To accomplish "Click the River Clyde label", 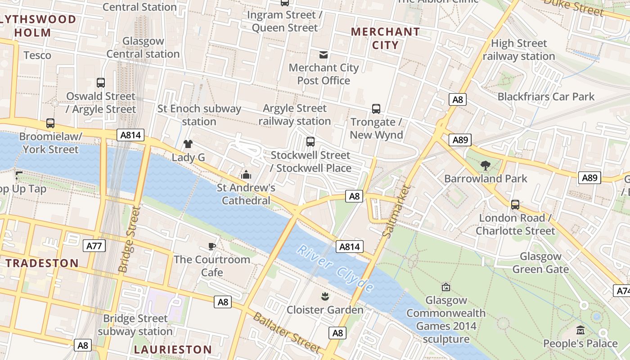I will click(336, 268).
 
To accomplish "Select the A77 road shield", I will click(94, 246).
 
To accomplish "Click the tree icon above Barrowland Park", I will click(485, 166).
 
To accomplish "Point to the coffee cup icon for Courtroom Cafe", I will click(212, 246).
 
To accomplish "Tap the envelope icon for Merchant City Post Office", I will click(323, 55).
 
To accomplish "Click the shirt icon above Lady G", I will click(188, 144).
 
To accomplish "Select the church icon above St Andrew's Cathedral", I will click(246, 175).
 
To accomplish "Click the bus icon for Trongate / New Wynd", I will click(376, 109).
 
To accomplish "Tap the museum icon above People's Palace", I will click(580, 331).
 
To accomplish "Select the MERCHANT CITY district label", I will click(385, 38).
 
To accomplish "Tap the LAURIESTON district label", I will click(173, 350).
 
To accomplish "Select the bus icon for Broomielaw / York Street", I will click(50, 123).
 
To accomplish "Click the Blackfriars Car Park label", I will click(546, 97).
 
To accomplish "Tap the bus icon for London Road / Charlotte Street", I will click(515, 205).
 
